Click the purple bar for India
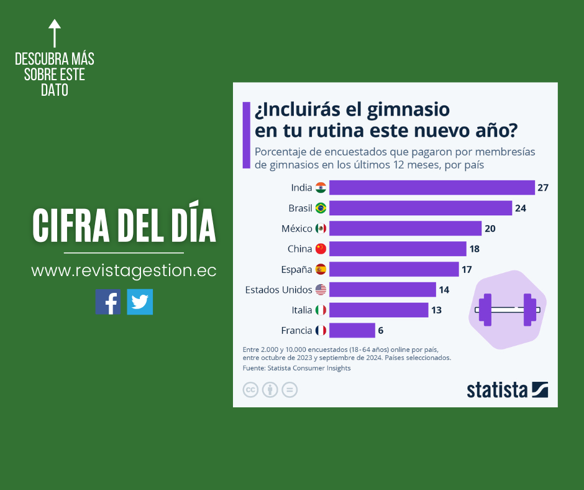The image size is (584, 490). pyautogui.click(x=432, y=187)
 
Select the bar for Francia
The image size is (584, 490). pyautogui.click(x=352, y=330)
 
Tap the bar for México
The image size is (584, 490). pyautogui.click(x=405, y=228)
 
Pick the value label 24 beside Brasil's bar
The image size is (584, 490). pyautogui.click(x=521, y=208)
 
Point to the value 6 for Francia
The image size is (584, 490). pyautogui.click(x=381, y=330)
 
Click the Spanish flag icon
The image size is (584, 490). pyautogui.click(x=321, y=269)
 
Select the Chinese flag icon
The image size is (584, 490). pyautogui.click(x=321, y=249)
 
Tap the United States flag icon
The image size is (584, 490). pyautogui.click(x=321, y=289)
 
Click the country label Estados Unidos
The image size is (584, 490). pyautogui.click(x=279, y=289)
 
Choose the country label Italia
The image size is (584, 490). pyautogui.click(x=301, y=310)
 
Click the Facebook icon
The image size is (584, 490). pyautogui.click(x=108, y=302)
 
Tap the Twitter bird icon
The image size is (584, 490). pyautogui.click(x=140, y=302)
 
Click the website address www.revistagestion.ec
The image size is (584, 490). pyautogui.click(x=124, y=271)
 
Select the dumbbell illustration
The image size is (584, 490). pyautogui.click(x=507, y=309)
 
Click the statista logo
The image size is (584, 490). pyautogui.click(x=507, y=390)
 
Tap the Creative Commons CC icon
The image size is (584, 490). pyautogui.click(x=250, y=390)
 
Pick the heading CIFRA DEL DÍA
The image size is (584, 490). pyautogui.click(x=124, y=227)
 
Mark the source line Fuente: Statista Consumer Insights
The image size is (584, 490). pyautogui.click(x=296, y=368)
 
